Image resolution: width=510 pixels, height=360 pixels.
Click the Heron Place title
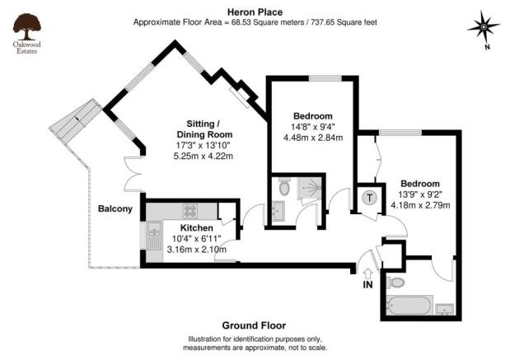[x=255, y=12]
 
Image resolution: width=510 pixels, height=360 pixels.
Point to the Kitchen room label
[x=197, y=227]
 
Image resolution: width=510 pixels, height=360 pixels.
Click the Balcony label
[x=115, y=208]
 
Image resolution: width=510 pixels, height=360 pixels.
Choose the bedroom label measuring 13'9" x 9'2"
[x=420, y=183]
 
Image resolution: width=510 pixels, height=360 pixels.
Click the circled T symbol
[x=369, y=198]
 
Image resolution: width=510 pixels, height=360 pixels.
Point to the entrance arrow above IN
[x=367, y=273]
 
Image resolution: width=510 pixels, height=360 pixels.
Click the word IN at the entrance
[x=367, y=285]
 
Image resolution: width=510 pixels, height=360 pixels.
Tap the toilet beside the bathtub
[x=396, y=283]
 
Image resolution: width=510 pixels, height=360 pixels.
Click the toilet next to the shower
[x=284, y=188]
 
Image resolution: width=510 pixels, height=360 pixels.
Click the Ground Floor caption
[x=254, y=325]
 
